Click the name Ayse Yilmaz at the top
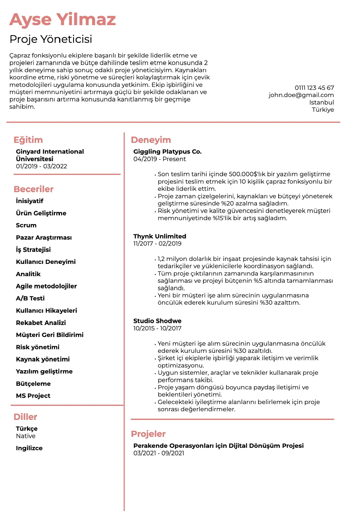coord(63,20)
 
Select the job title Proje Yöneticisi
coord(51,39)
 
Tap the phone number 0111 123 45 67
coord(314,88)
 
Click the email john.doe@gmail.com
coord(301,95)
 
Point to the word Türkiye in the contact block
coord(323,110)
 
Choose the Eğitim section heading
coord(28,140)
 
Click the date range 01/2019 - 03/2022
coord(41,166)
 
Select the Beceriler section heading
coord(34,189)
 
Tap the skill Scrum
coord(26,225)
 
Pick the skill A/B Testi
coord(30,298)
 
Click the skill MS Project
coord(33,396)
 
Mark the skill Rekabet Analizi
coord(41,323)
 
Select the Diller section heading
coord(25,417)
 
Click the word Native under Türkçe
coord(26,436)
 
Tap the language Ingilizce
coord(29,448)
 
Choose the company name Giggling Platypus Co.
coord(167,152)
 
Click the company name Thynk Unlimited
coord(160,236)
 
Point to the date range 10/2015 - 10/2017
coord(157,328)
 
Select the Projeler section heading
coord(148,434)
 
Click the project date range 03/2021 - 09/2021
coord(159,453)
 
